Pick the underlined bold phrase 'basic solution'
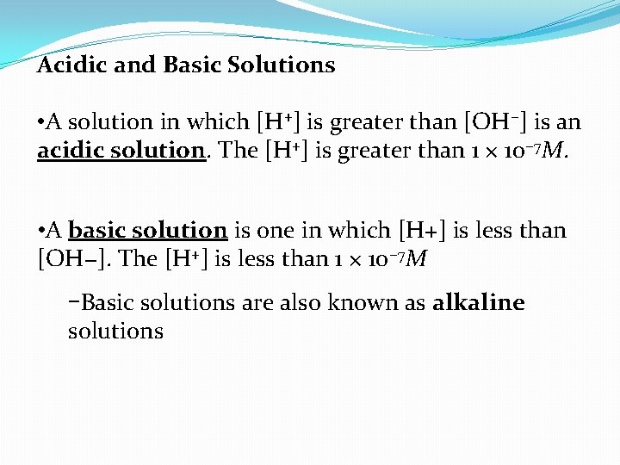pos(147,230)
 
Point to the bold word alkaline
pos(479,302)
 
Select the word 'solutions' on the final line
pos(115,331)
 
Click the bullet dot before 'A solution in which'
pos(41,122)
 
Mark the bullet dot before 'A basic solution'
pos(41,231)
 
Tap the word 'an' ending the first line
pos(569,122)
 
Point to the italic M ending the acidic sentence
pos(557,150)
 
